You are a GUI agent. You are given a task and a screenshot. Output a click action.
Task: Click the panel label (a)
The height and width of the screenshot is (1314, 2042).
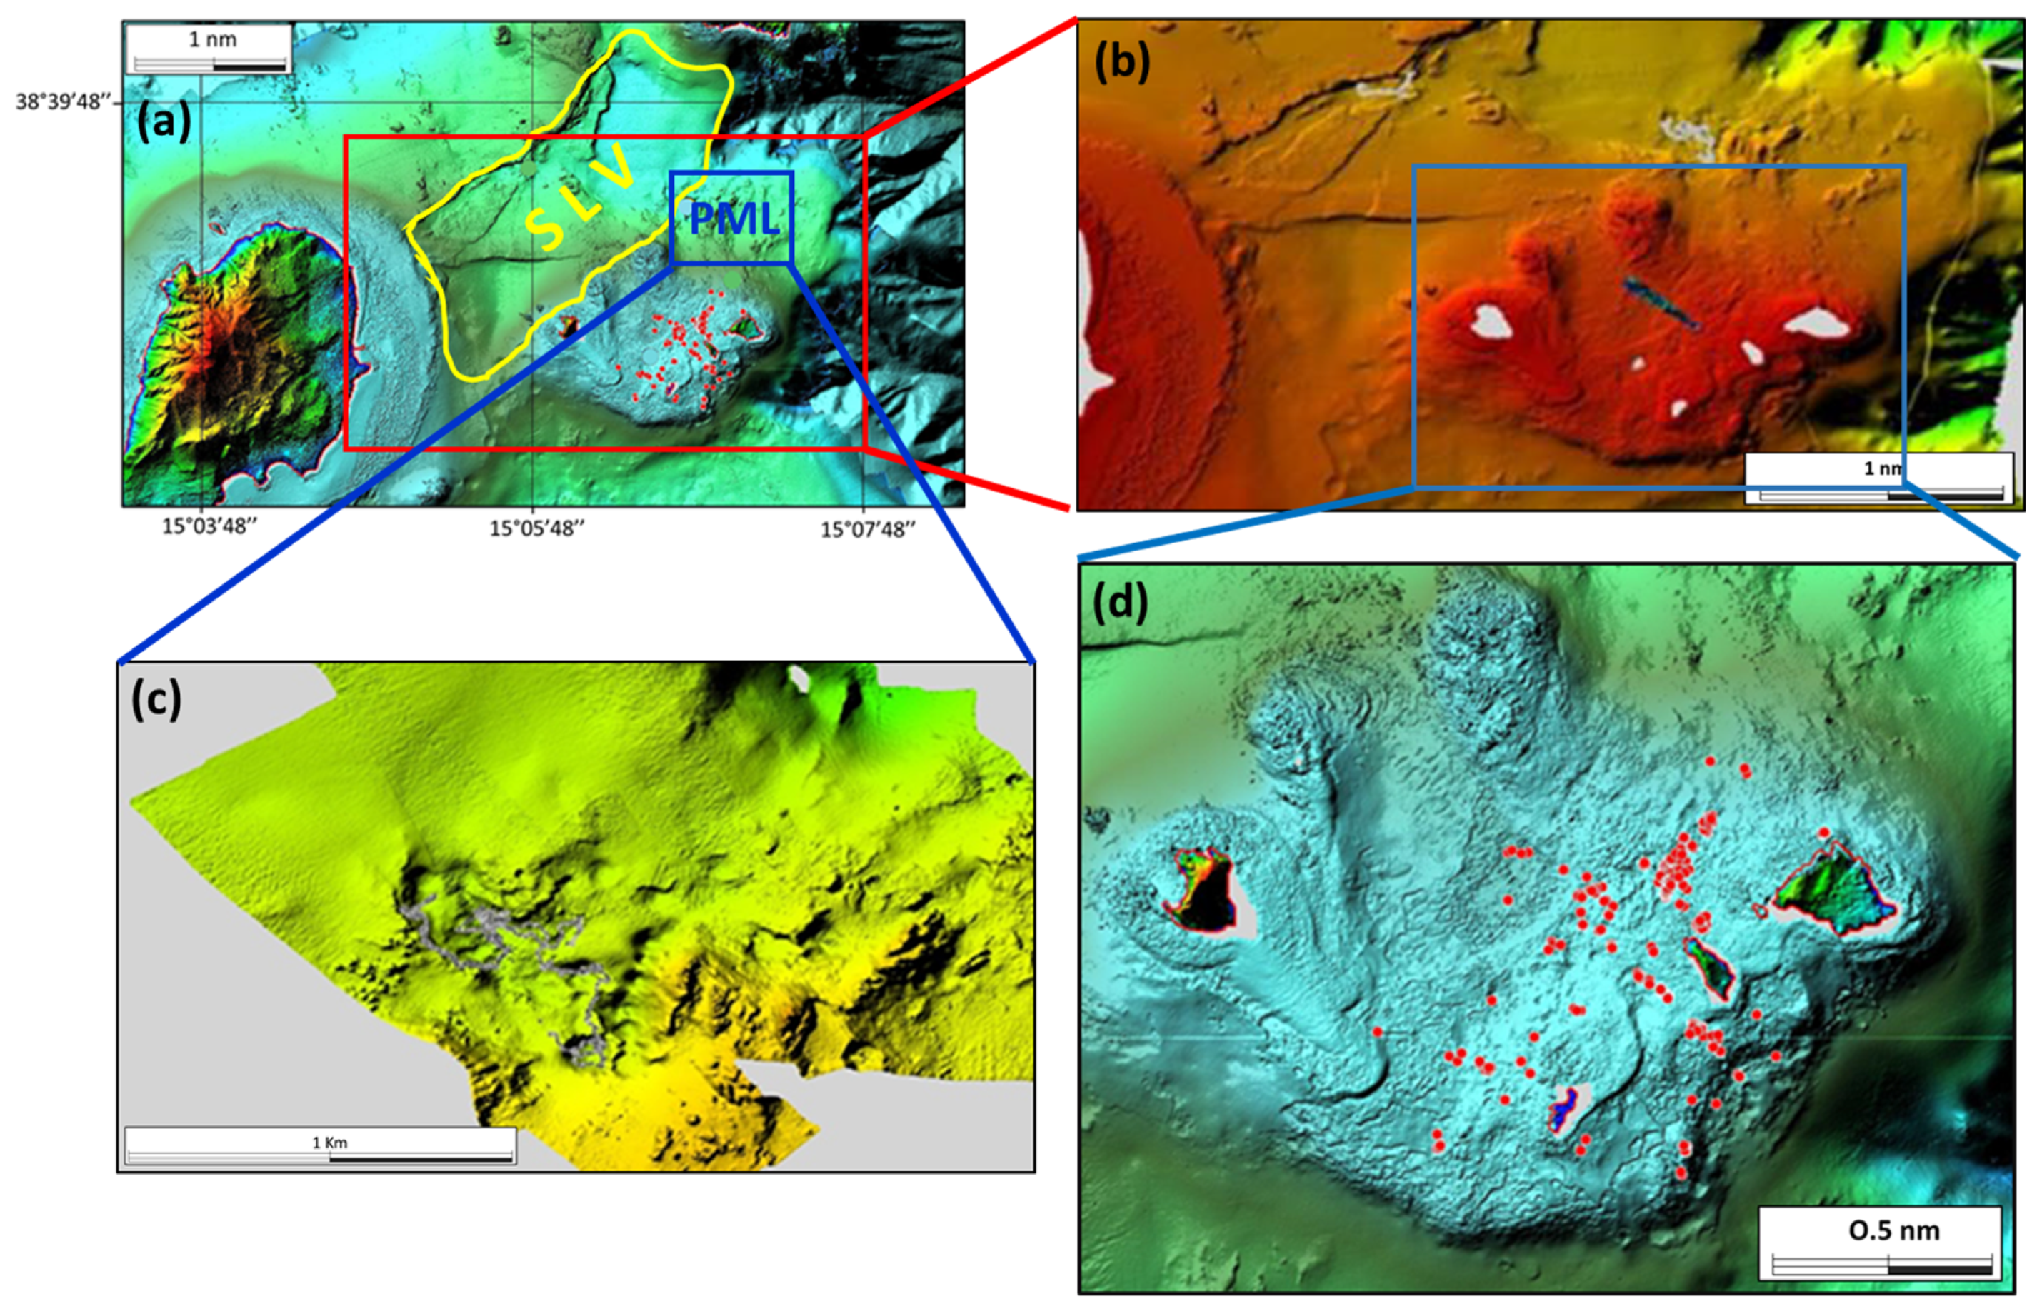pos(163,122)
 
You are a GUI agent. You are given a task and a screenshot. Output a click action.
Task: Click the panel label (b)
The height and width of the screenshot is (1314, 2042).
pos(1121,61)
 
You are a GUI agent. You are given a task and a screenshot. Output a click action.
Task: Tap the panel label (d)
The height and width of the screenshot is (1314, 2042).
pos(1119,603)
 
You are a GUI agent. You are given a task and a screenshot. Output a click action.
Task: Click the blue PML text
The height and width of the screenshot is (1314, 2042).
pos(734,219)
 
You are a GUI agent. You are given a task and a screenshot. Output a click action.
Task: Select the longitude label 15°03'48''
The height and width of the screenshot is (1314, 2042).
pos(209,526)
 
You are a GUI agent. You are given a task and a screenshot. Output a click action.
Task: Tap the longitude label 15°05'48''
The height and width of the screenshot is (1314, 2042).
pos(536,528)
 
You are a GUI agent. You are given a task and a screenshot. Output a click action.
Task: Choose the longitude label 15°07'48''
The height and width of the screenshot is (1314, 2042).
pos(868,530)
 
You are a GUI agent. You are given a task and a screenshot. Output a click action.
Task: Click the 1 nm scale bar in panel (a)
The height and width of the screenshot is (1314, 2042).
pos(210,49)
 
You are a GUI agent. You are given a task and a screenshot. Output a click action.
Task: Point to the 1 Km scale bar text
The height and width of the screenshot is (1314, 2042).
pos(329,1143)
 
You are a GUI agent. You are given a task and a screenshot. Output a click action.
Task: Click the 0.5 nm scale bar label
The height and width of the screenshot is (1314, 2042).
pos(1893,1230)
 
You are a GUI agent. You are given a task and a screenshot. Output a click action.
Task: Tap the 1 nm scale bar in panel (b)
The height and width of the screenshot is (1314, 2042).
pos(1880,477)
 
